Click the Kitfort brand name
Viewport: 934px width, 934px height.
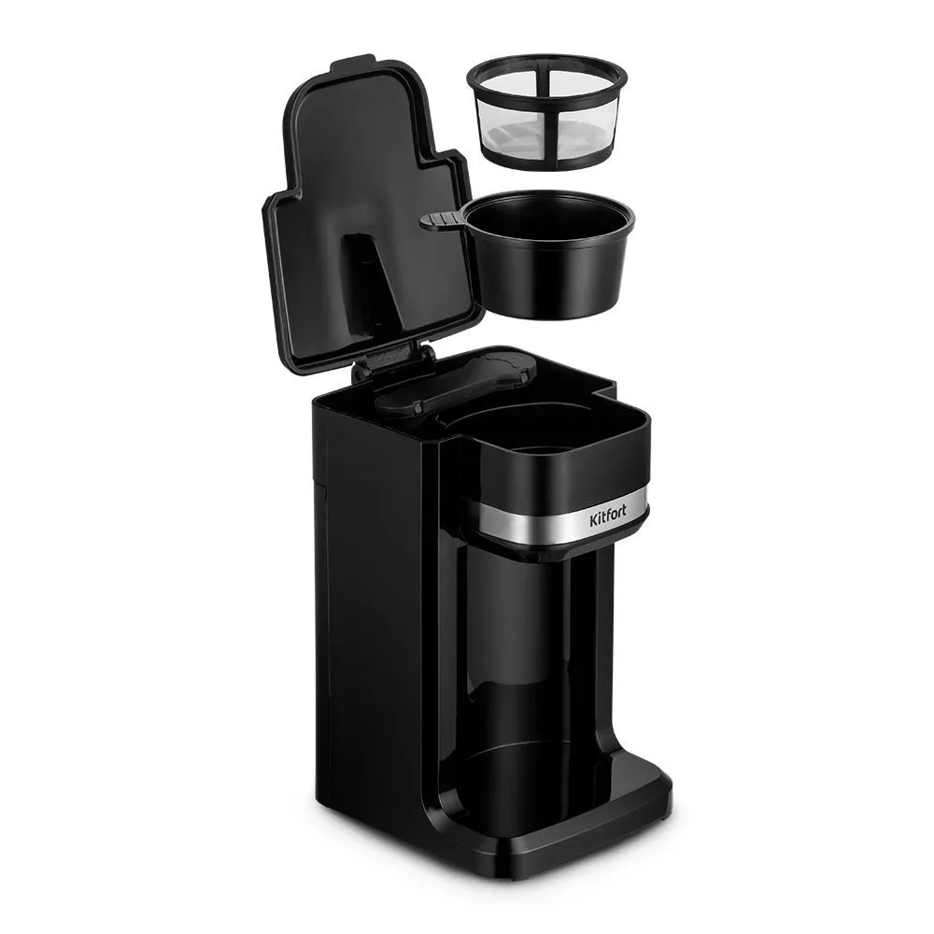[607, 518]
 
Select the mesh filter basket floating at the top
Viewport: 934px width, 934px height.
[547, 111]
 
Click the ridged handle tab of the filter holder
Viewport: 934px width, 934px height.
[443, 220]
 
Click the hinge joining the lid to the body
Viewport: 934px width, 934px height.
[394, 361]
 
